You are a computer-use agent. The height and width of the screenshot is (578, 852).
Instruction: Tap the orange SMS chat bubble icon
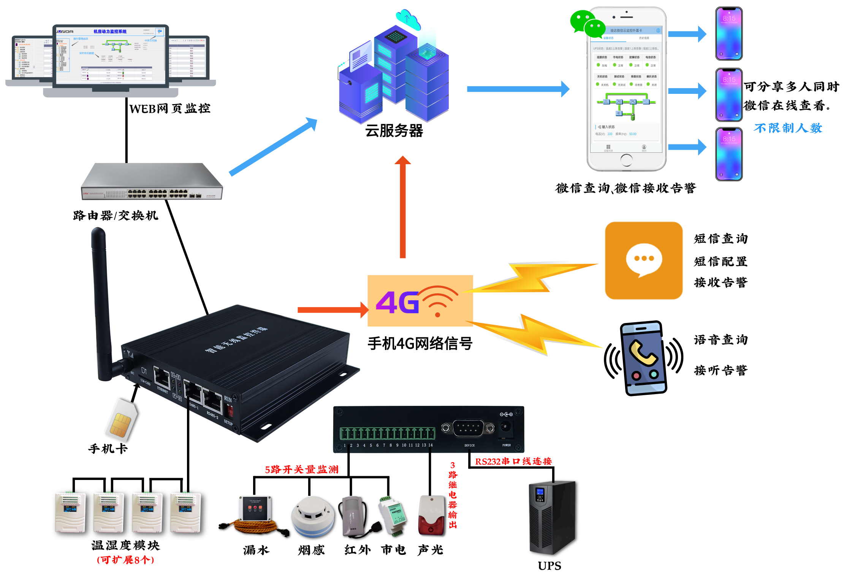coord(643,260)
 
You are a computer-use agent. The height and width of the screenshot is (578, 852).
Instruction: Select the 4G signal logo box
coord(420,301)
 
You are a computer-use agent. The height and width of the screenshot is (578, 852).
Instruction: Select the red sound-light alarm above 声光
coord(431,515)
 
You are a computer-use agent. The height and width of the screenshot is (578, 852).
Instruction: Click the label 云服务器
coord(394,131)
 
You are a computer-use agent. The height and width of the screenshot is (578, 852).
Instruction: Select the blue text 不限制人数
coord(788,128)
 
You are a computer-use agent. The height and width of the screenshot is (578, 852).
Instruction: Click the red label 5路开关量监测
coord(301,469)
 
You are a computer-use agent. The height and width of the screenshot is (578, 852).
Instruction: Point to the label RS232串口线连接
coord(513,461)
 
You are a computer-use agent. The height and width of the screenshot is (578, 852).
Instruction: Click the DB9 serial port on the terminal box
coord(468,428)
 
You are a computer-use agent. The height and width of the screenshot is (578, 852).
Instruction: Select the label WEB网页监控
coord(169,109)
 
